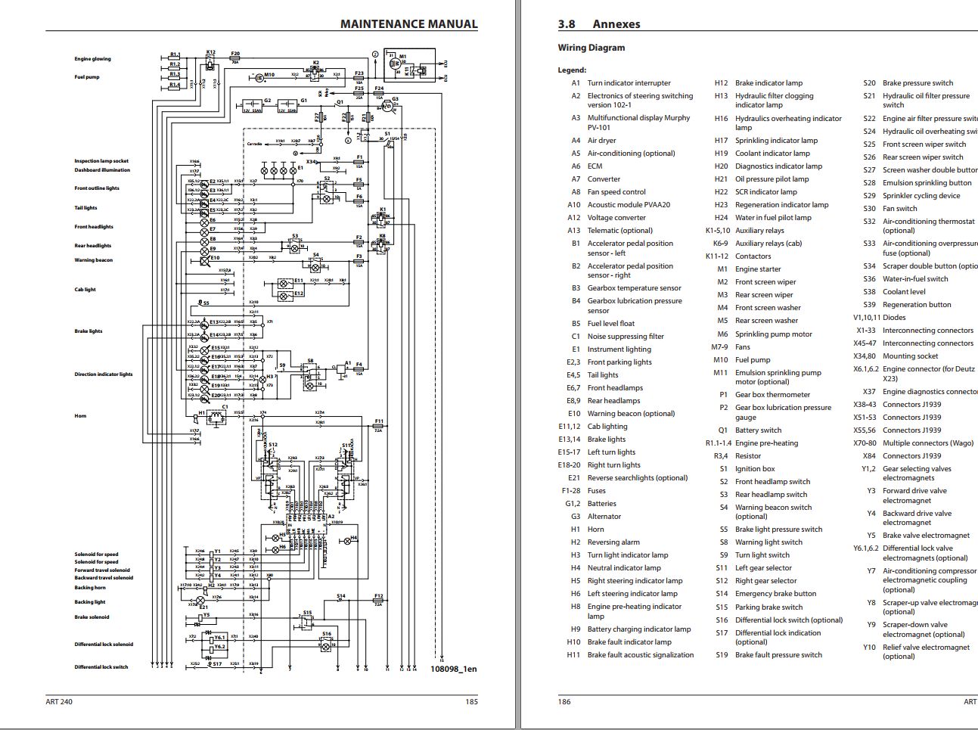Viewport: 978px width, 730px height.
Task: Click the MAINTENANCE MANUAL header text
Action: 408,23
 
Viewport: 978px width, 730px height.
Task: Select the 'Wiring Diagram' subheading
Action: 591,48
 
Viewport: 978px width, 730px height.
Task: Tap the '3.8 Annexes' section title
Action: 599,24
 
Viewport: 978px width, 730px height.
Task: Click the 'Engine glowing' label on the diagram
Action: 92,59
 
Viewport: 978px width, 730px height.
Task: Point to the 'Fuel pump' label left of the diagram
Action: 86,77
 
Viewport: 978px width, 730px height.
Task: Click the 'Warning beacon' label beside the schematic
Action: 93,260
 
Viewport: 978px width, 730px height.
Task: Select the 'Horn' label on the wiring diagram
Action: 80,416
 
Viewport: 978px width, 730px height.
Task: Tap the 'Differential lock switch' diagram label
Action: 101,667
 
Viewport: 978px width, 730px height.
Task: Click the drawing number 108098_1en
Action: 454,669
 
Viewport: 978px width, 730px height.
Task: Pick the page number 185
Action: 471,702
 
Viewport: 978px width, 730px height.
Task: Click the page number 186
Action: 564,702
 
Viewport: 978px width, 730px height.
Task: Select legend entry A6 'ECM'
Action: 595,166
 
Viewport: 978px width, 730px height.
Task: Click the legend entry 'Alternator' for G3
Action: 604,517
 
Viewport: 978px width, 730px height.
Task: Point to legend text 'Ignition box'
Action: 755,469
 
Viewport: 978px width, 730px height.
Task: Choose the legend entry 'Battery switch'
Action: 758,430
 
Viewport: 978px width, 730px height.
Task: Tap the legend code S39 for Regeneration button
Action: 869,305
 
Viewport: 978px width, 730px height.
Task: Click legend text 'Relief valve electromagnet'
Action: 926,648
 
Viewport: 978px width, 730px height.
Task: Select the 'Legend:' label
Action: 572,70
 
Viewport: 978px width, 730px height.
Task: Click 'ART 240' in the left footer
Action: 59,702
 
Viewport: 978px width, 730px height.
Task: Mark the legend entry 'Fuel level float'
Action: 610,324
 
